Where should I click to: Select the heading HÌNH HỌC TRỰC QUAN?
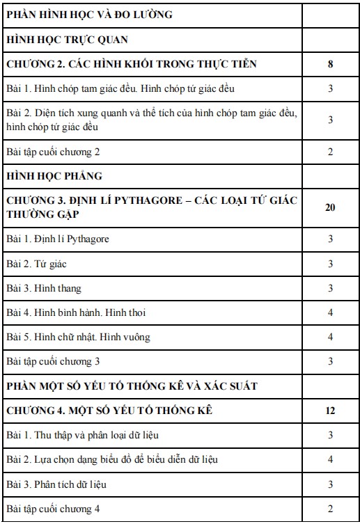click(x=67, y=40)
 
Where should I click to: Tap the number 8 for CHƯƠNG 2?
click(x=330, y=65)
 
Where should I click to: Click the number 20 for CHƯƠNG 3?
click(x=330, y=207)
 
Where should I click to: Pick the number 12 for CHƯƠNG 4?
click(x=330, y=411)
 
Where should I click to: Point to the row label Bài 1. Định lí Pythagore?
click(x=58, y=239)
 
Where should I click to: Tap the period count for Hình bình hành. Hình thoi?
click(x=330, y=312)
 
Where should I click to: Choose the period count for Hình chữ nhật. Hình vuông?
click(x=330, y=337)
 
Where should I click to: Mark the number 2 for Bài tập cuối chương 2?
click(x=330, y=151)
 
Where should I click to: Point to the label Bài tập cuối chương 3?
click(x=54, y=361)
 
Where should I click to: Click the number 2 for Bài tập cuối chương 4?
click(x=330, y=509)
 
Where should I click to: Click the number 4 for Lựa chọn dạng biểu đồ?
click(x=330, y=459)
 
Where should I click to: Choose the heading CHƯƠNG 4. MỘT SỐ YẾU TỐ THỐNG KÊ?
click(x=109, y=411)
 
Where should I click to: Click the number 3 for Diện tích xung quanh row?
click(x=330, y=120)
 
